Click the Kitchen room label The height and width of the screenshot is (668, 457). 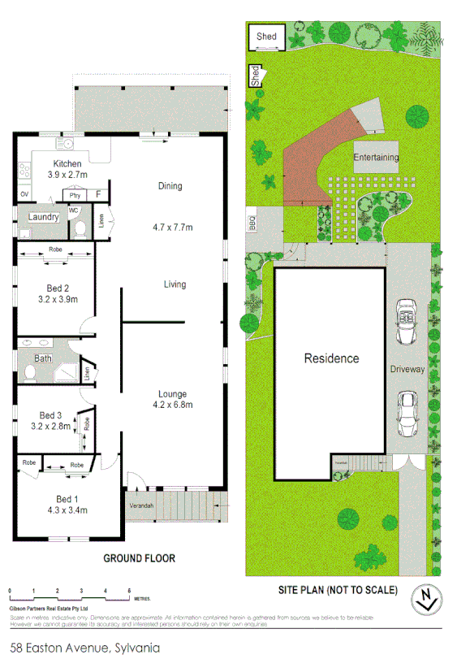click(67, 163)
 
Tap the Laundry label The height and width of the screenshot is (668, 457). click(42, 217)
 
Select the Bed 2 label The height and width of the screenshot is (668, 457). click(56, 287)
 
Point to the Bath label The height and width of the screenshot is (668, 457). click(42, 358)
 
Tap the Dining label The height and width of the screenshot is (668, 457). click(170, 186)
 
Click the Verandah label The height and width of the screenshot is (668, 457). click(140, 505)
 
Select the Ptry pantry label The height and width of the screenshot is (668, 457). click(75, 195)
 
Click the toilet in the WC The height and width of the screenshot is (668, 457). click(80, 228)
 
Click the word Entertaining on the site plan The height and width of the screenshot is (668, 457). click(376, 157)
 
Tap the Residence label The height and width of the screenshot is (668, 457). click(331, 358)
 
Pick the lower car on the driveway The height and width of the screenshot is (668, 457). click(405, 414)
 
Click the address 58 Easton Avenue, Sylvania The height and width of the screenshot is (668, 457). click(84, 648)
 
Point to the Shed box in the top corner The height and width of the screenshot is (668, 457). click(266, 37)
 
